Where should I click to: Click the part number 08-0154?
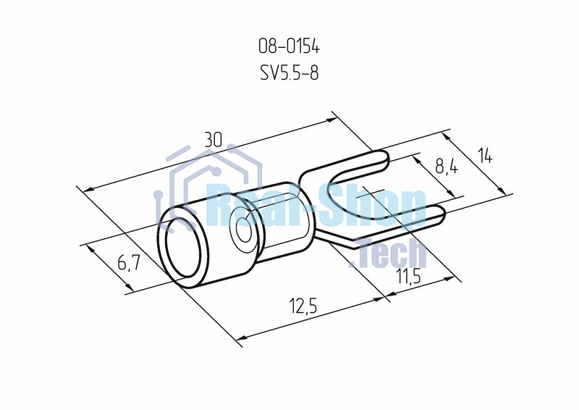click(x=289, y=47)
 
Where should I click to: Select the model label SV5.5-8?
click(x=289, y=73)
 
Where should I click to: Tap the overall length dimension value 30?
click(x=213, y=141)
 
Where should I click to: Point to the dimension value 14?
click(x=485, y=156)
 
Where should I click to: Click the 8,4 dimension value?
click(x=447, y=167)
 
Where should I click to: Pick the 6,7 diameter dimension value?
click(x=129, y=263)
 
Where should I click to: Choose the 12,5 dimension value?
click(x=303, y=306)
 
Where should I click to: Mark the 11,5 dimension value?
click(x=408, y=276)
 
